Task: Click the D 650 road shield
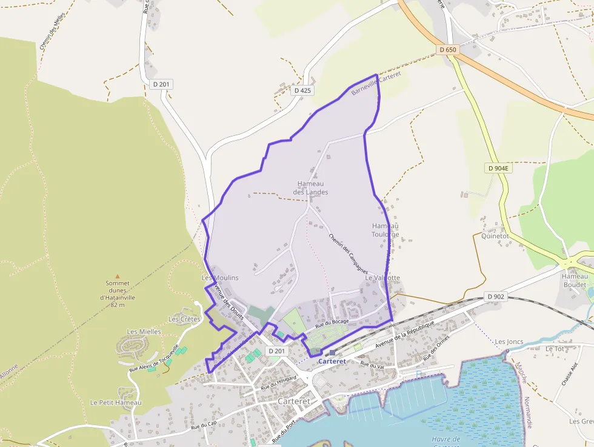click(x=448, y=49)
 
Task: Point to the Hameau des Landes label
click(x=310, y=188)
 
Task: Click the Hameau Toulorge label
click(x=385, y=230)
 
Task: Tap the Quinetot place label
click(x=494, y=236)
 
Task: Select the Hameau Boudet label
click(x=575, y=280)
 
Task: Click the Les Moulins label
click(x=219, y=278)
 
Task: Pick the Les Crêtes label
click(x=184, y=319)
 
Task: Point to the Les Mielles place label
click(x=144, y=332)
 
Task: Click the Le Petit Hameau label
click(x=115, y=403)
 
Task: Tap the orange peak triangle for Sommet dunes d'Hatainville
click(x=118, y=276)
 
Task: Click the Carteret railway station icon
click(x=332, y=352)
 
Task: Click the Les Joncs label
click(x=508, y=342)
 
